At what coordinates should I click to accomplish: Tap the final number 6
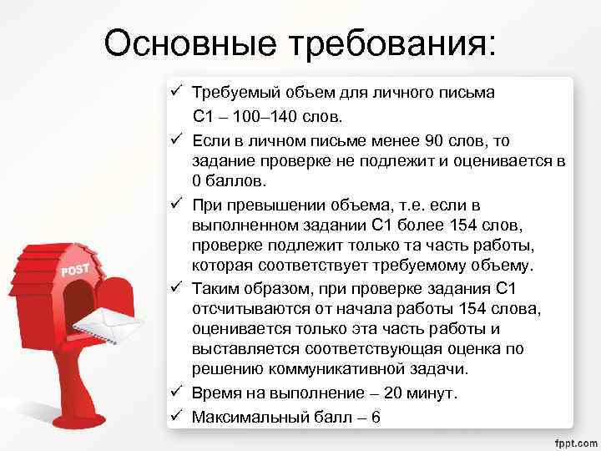click(375, 415)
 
